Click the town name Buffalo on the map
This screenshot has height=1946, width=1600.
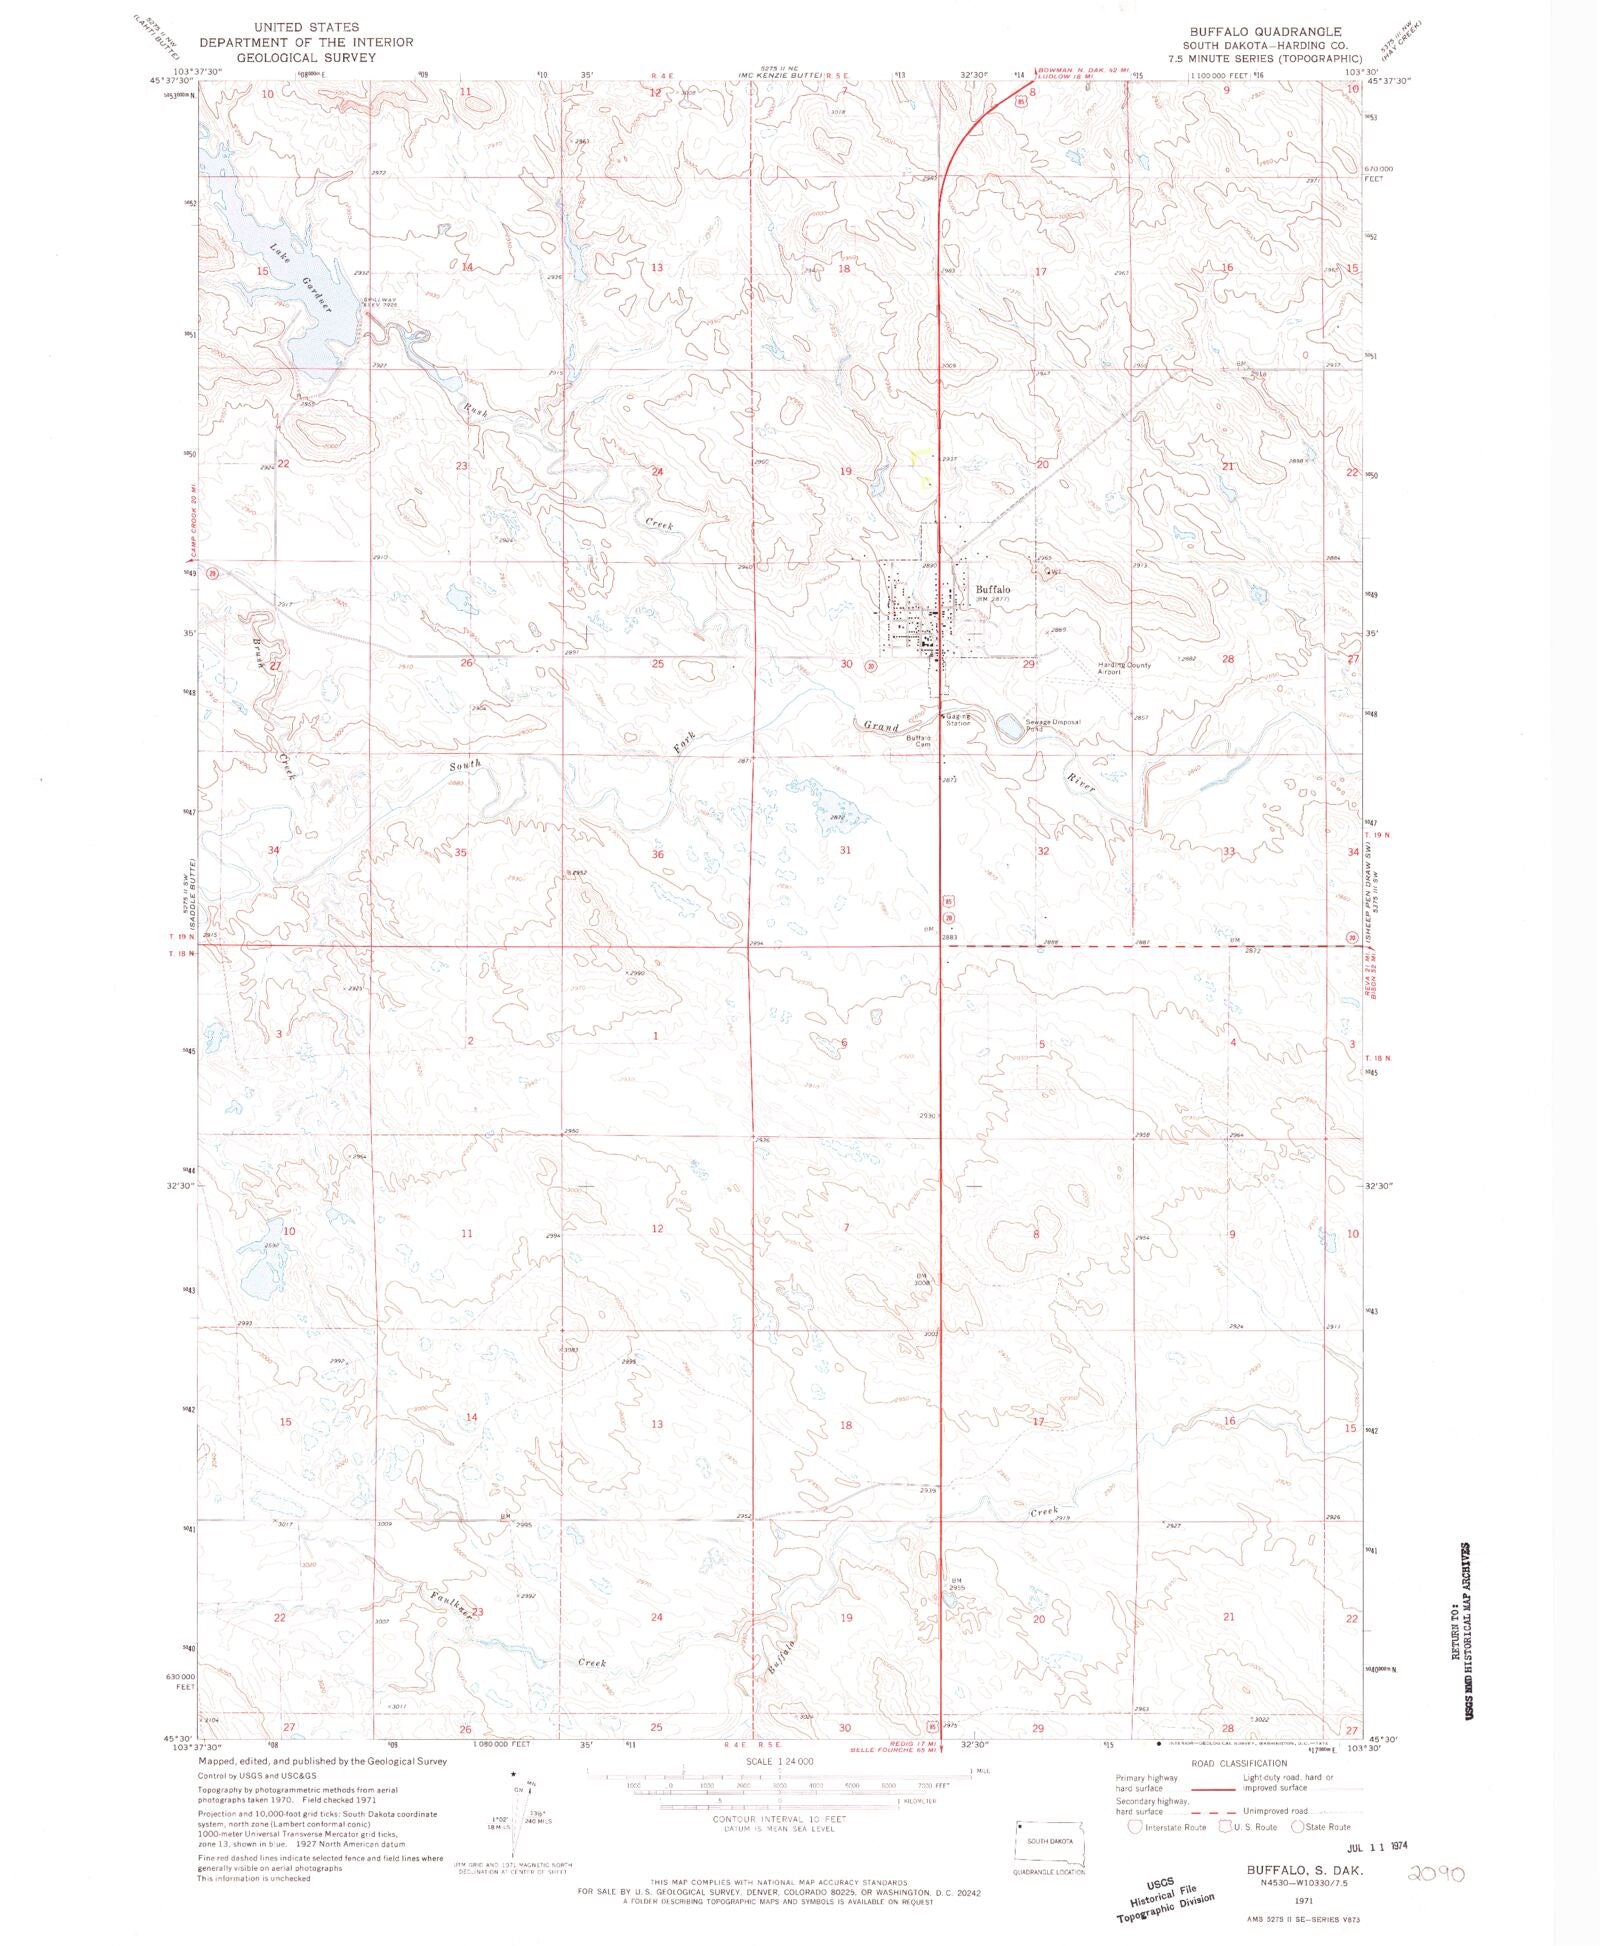coord(992,589)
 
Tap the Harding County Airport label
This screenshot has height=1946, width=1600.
coord(1124,668)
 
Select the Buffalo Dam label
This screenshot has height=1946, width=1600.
coord(919,740)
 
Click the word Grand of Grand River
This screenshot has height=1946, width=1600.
coord(882,726)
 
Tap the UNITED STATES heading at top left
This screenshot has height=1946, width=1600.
coord(306,27)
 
